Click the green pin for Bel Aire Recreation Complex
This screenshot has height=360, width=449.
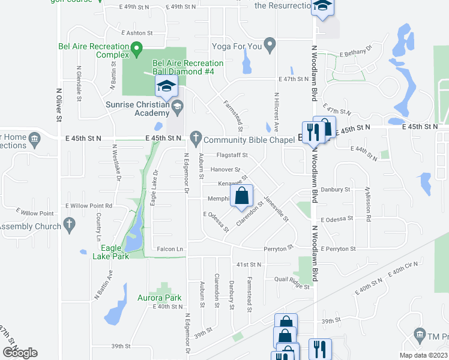[x=136, y=47]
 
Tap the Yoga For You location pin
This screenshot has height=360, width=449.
[x=270, y=44]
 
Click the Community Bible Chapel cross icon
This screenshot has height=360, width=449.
[x=195, y=137]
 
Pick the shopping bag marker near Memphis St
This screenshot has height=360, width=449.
[x=241, y=196]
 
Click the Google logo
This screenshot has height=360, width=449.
[x=20, y=352]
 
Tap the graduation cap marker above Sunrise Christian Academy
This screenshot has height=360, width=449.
[x=166, y=86]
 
